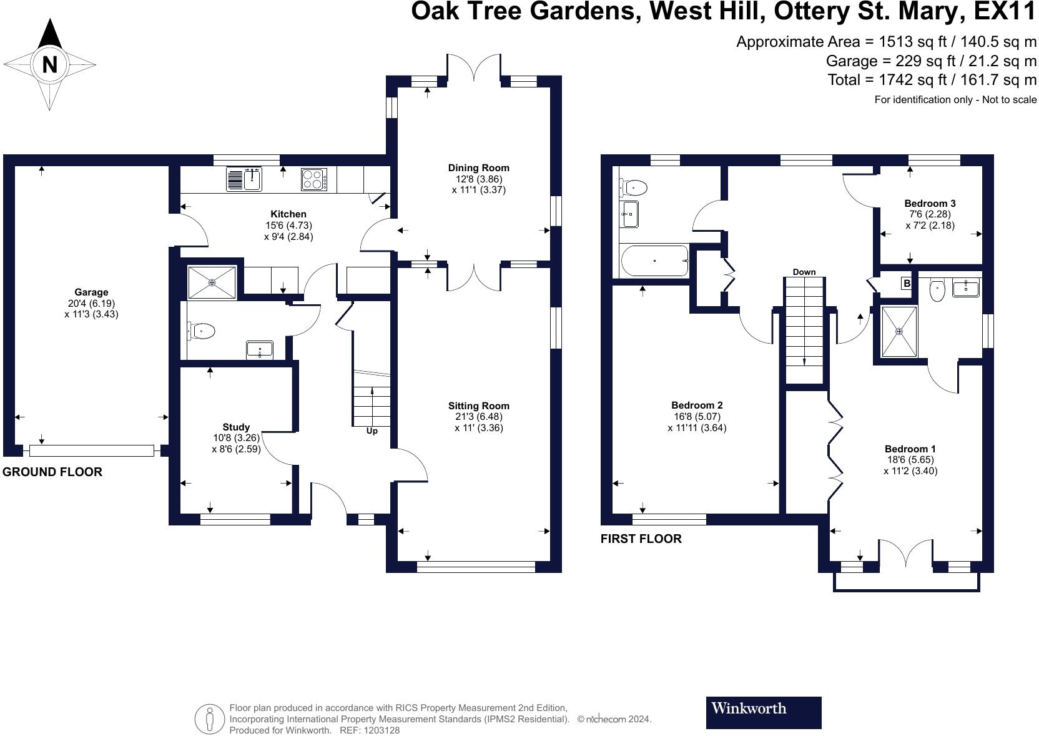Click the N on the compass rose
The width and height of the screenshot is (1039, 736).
coord(49,64)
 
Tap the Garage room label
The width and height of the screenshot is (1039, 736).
coord(91,292)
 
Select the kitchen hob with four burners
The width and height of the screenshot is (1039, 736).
coord(313,179)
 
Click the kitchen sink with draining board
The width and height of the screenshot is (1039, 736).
coord(244,179)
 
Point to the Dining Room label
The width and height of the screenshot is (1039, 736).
coord(478,167)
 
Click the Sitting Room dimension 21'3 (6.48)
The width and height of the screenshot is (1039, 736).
coord(479,417)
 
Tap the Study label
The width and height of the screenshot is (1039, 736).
coord(236,427)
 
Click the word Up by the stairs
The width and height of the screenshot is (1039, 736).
coord(372,430)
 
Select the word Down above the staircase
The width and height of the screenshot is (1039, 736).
coord(804,272)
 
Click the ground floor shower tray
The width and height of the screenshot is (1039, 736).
coord(212,282)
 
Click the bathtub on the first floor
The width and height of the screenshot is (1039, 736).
coord(654,261)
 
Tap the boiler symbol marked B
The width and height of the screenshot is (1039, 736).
coord(907,283)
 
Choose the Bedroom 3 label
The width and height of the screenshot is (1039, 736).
coord(930,203)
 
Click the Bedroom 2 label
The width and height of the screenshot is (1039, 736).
coord(697,405)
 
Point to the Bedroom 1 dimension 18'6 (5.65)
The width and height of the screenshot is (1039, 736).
coord(910,460)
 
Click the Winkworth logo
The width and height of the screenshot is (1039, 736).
coord(764,712)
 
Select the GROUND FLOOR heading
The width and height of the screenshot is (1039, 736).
coord(52,472)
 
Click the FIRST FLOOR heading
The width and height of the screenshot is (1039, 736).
coord(641,539)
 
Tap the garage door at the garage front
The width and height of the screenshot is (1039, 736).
coord(91,450)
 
